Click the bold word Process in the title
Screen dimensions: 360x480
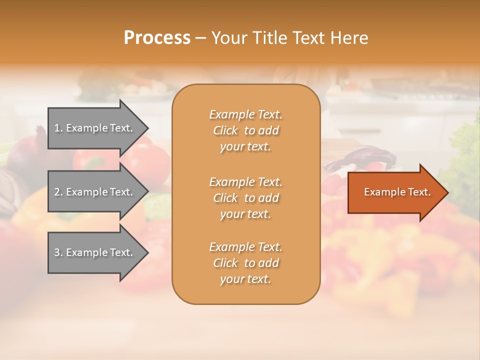point(157,38)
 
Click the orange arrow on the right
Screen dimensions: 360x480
point(395,192)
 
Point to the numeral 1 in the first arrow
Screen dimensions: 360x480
point(57,128)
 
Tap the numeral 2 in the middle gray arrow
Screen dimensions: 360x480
point(57,192)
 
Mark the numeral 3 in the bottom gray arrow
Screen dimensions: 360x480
point(57,252)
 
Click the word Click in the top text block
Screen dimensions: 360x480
point(225,131)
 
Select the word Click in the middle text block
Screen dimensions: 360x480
point(225,198)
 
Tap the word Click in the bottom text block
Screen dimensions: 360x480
point(225,263)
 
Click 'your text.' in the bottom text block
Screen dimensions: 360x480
point(245,279)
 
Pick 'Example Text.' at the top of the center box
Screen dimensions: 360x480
point(245,115)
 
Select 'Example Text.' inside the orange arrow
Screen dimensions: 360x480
point(397,192)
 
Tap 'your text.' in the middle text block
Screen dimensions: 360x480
point(245,214)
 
